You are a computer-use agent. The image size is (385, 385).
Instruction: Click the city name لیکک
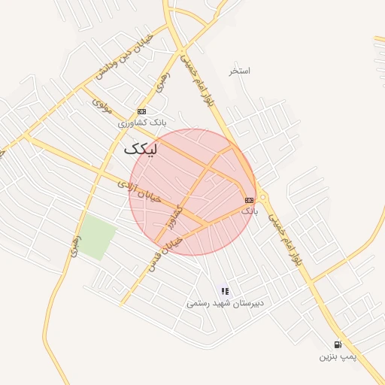pos(141,149)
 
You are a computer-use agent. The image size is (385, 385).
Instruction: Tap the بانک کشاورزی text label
pos(141,121)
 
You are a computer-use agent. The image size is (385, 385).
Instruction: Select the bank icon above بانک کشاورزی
pos(141,111)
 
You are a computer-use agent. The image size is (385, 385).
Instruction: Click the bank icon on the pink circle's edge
pos(249,199)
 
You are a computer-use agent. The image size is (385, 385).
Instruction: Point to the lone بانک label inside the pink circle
pos(249,211)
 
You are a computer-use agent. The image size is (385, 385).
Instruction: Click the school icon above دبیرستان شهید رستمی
pos(224,291)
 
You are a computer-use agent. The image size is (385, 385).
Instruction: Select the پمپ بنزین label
pos(335,356)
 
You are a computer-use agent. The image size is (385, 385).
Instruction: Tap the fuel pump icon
pos(337,344)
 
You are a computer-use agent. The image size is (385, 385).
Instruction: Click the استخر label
pos(240,71)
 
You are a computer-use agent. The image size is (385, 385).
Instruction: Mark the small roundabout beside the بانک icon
pos(262,199)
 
